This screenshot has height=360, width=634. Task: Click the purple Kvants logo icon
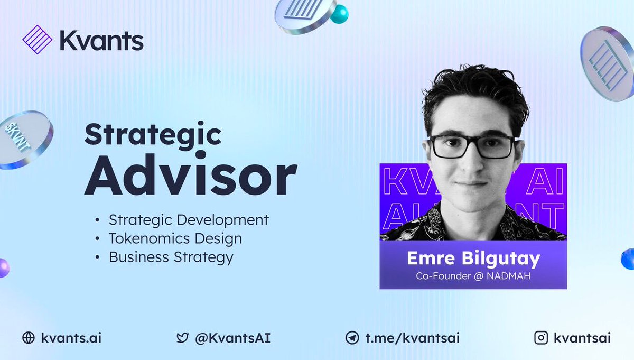pyautogui.click(x=38, y=40)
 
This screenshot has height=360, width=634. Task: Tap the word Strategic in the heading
pyautogui.click(x=153, y=136)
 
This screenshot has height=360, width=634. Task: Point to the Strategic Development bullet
pyautogui.click(x=189, y=220)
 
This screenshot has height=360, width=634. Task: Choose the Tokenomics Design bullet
pyautogui.click(x=175, y=238)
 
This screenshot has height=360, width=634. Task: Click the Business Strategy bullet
pyautogui.click(x=171, y=257)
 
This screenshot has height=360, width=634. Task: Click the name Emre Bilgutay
pyautogui.click(x=473, y=259)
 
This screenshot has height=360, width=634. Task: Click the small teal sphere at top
pyautogui.click(x=339, y=14)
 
